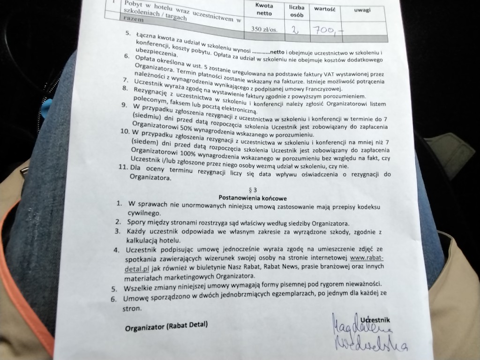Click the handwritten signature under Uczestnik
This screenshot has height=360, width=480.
(x=368, y=333)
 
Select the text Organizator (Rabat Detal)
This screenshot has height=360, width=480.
(x=166, y=326)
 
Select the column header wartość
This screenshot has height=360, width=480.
(x=323, y=8)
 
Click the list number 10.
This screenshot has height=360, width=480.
(x=125, y=132)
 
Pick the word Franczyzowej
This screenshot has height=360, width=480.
(x=324, y=90)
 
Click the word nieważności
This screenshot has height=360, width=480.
(x=359, y=284)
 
